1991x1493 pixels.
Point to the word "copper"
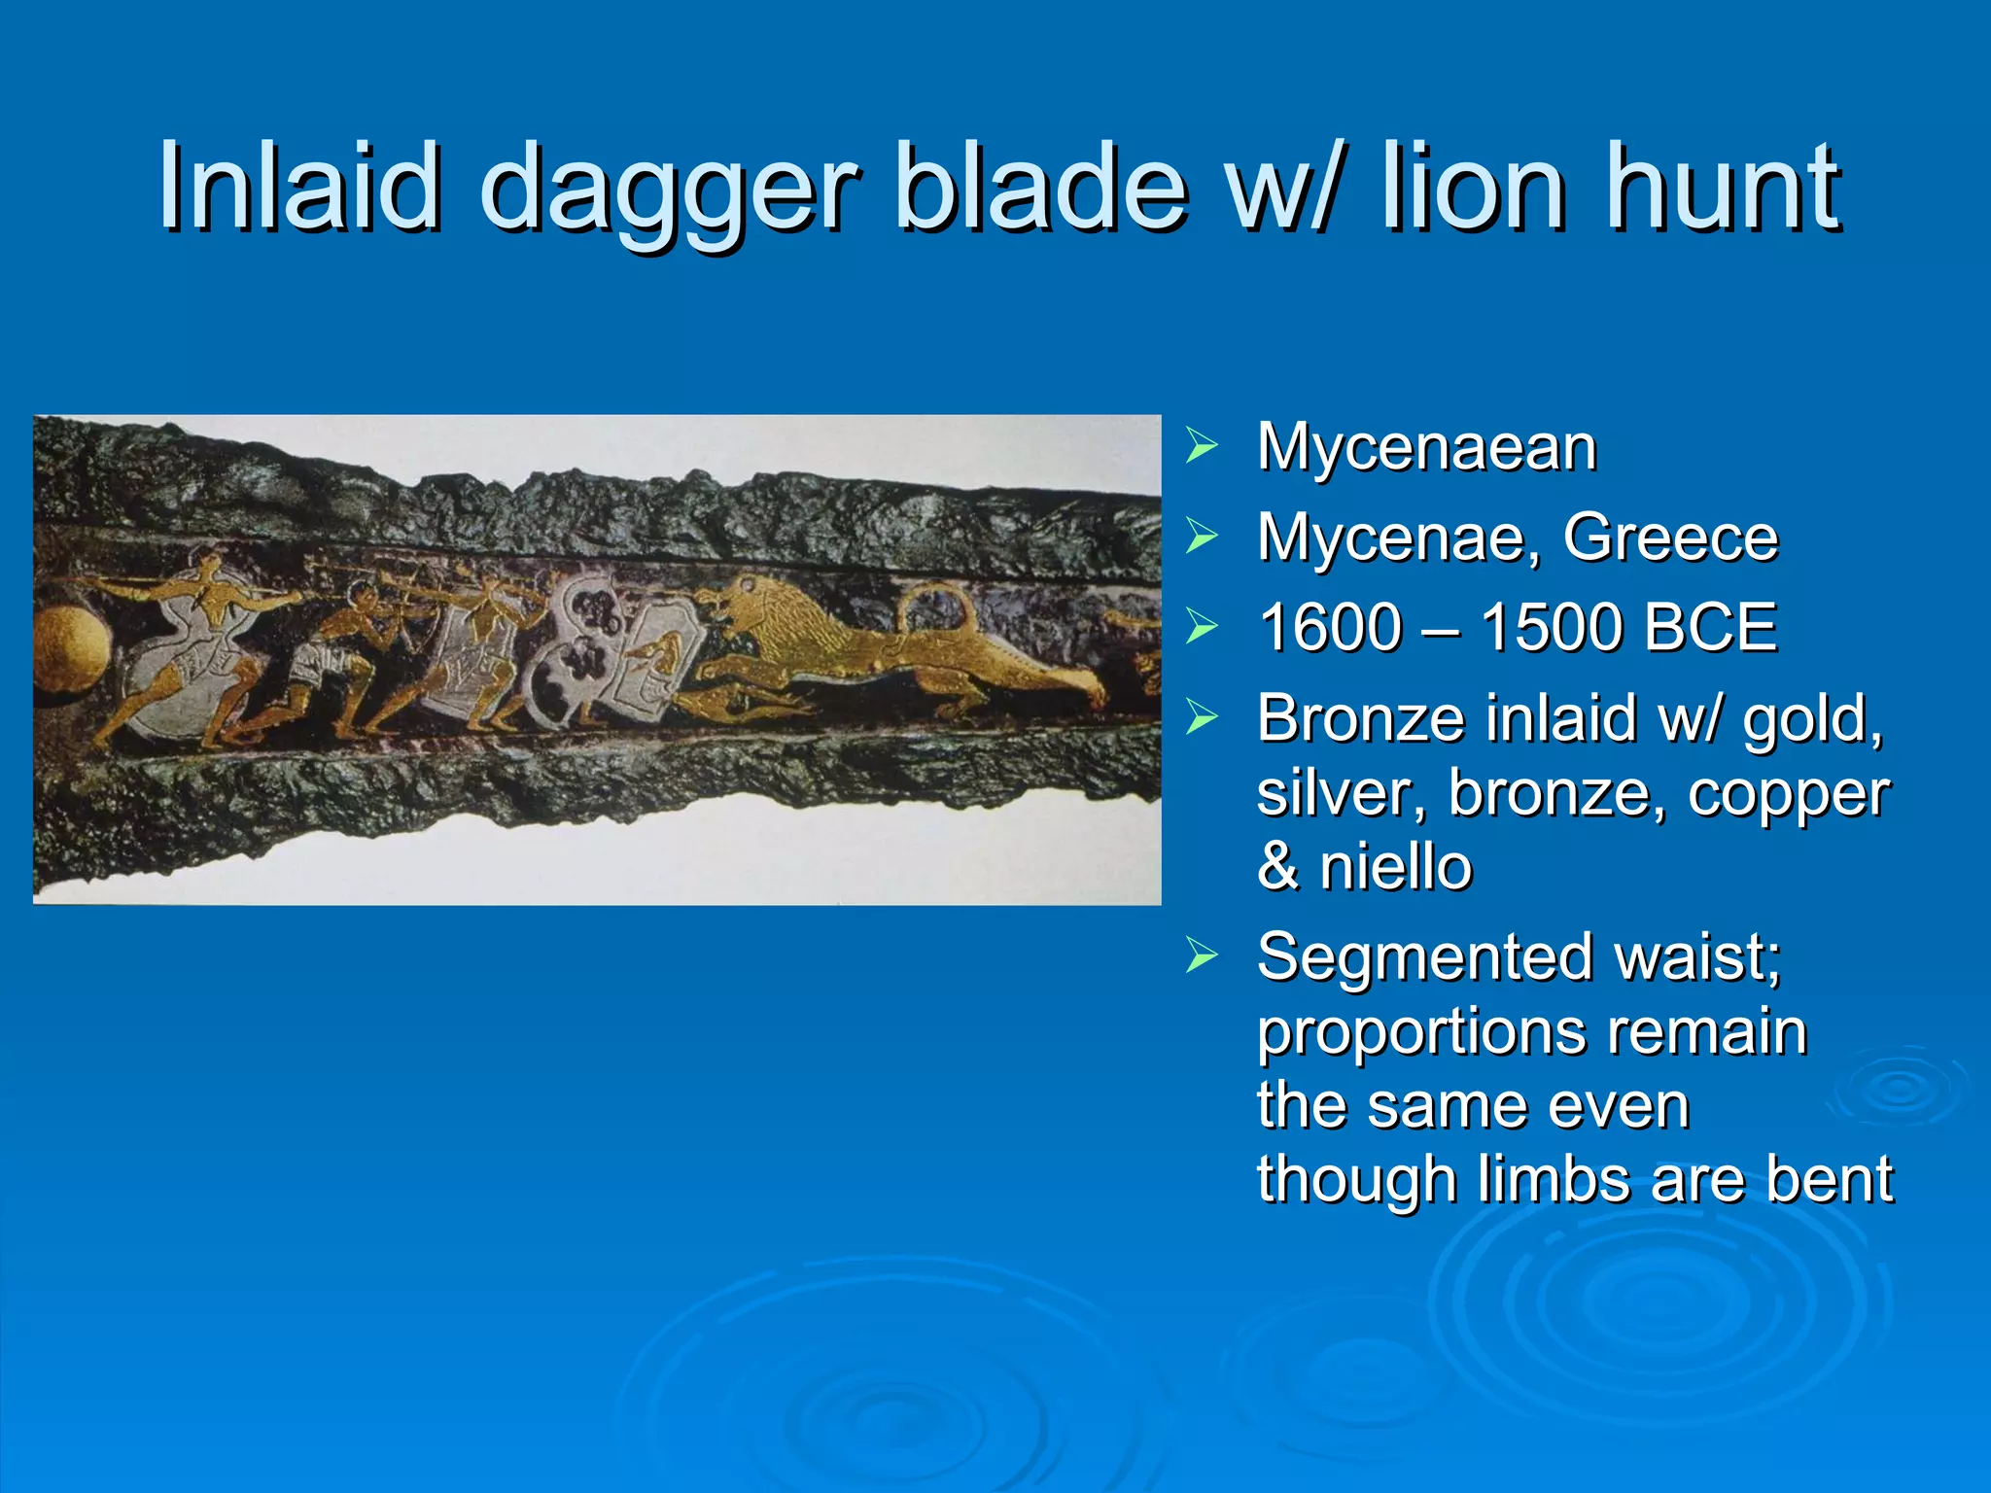tap(1789, 793)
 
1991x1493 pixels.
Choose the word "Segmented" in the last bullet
tap(1424, 956)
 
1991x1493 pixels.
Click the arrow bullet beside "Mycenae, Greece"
tap(1202, 537)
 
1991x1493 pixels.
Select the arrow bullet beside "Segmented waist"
tap(1202, 956)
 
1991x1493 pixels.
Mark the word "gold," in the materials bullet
tap(1812, 719)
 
